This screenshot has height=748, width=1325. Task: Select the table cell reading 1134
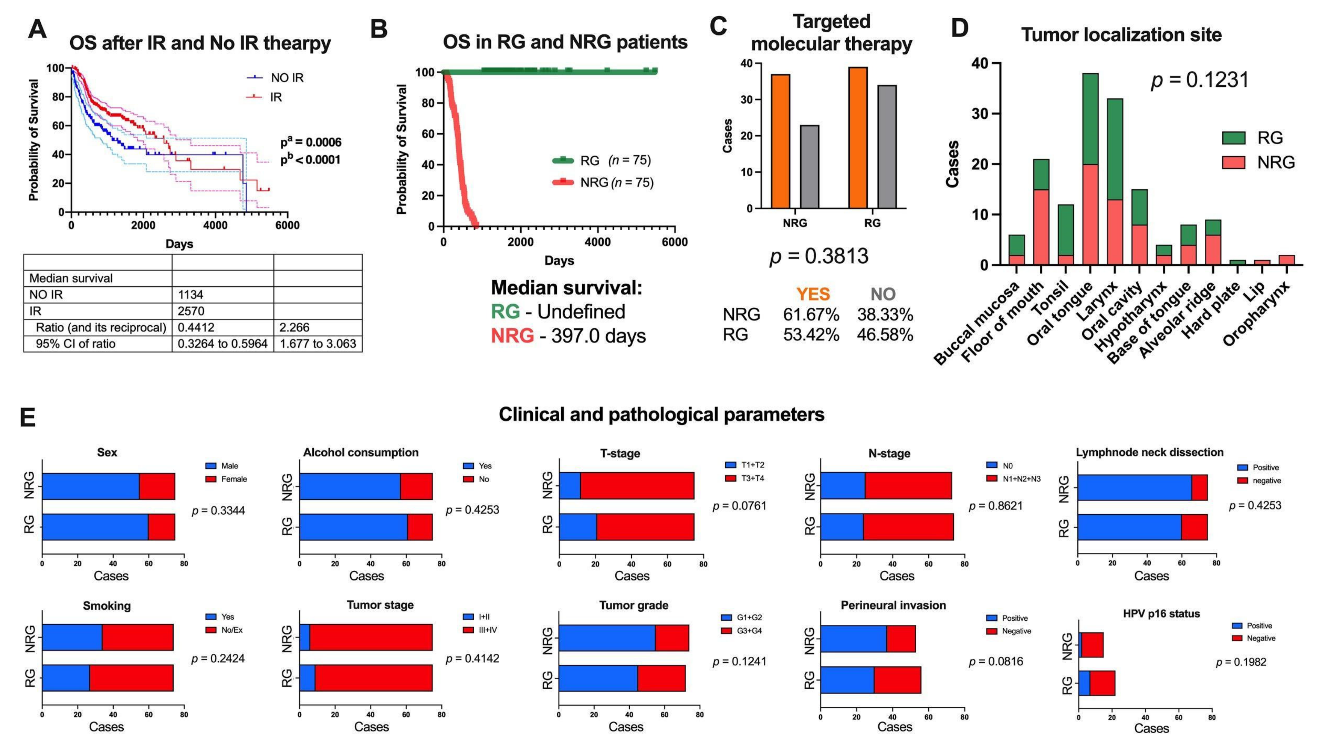191,294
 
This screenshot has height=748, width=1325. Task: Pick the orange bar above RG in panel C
858,138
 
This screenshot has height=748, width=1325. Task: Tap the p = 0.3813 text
819,256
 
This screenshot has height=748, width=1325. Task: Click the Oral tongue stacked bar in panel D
1091,169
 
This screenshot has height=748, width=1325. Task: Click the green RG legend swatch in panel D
1233,138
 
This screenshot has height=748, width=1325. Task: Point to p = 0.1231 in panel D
1199,80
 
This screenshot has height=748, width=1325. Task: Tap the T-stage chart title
620,454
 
